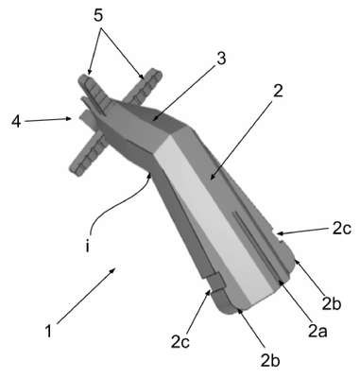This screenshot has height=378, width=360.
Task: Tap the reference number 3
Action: point(222,59)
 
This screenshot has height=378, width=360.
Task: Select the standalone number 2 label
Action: point(278,92)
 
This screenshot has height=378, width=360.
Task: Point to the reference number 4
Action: point(15,121)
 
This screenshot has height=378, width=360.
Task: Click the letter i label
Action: point(87,247)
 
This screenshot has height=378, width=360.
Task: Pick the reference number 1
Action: point(48,332)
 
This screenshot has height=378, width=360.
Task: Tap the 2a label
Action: point(317,332)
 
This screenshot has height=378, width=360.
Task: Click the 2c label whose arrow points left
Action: point(341,229)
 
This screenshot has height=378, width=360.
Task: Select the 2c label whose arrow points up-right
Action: point(180,342)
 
